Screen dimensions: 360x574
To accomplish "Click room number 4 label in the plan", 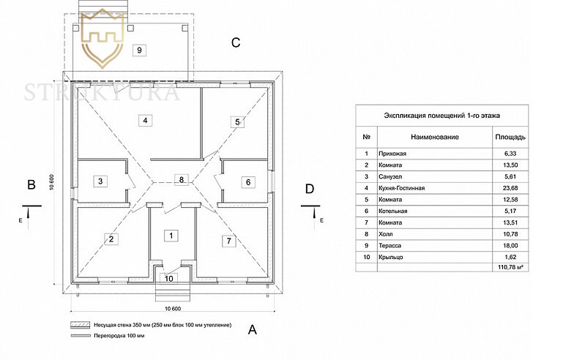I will click(146, 121).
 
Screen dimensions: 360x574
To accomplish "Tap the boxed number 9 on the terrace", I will click(139, 50).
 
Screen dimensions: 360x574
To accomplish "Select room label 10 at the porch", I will click(169, 277).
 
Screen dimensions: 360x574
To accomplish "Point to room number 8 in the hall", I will click(182, 179).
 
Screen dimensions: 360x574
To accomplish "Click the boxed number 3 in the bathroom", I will click(102, 181).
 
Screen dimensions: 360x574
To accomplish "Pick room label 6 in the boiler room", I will click(248, 182).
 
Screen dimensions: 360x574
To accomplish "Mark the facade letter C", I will click(236, 42).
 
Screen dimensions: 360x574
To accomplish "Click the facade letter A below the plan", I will click(253, 329).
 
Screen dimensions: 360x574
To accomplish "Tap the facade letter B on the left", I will click(31, 185).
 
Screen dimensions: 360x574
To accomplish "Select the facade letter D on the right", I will click(309, 189).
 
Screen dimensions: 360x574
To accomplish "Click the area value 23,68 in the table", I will click(509, 188).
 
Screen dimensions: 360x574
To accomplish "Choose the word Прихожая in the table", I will click(393, 154).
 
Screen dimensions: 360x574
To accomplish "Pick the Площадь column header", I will click(509, 137).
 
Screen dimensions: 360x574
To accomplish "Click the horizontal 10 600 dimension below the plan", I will click(173, 307).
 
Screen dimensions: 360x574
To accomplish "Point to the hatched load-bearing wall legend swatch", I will click(78, 324).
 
